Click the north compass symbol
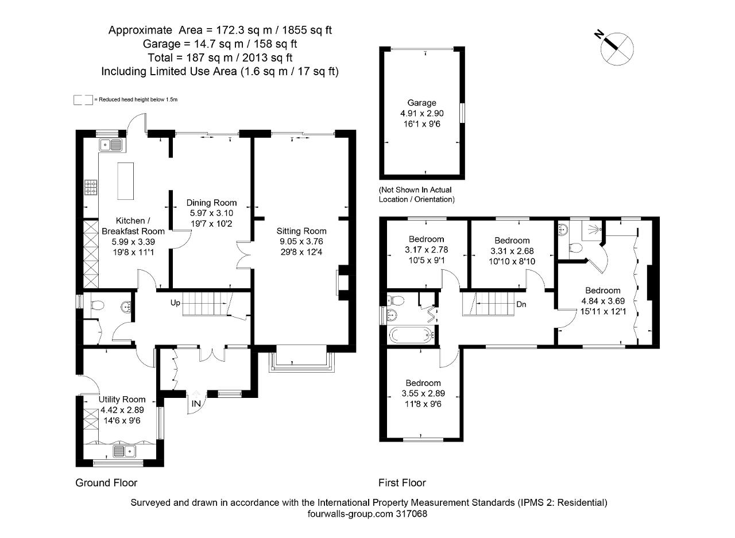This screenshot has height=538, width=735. click(x=616, y=48)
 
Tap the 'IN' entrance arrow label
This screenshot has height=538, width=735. click(x=196, y=404)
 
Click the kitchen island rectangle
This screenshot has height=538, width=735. click(x=125, y=181)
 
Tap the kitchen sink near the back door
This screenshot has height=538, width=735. click(x=111, y=145)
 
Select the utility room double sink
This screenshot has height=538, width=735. click(x=124, y=451)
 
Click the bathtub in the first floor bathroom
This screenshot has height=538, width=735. click(x=409, y=334)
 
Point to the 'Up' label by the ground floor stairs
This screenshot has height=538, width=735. click(x=176, y=302)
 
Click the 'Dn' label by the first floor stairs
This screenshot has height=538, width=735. click(x=521, y=304)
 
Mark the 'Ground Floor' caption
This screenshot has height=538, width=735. click(x=106, y=482)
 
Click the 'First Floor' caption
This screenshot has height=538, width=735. click(x=402, y=482)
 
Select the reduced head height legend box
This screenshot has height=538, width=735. click(x=83, y=100)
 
